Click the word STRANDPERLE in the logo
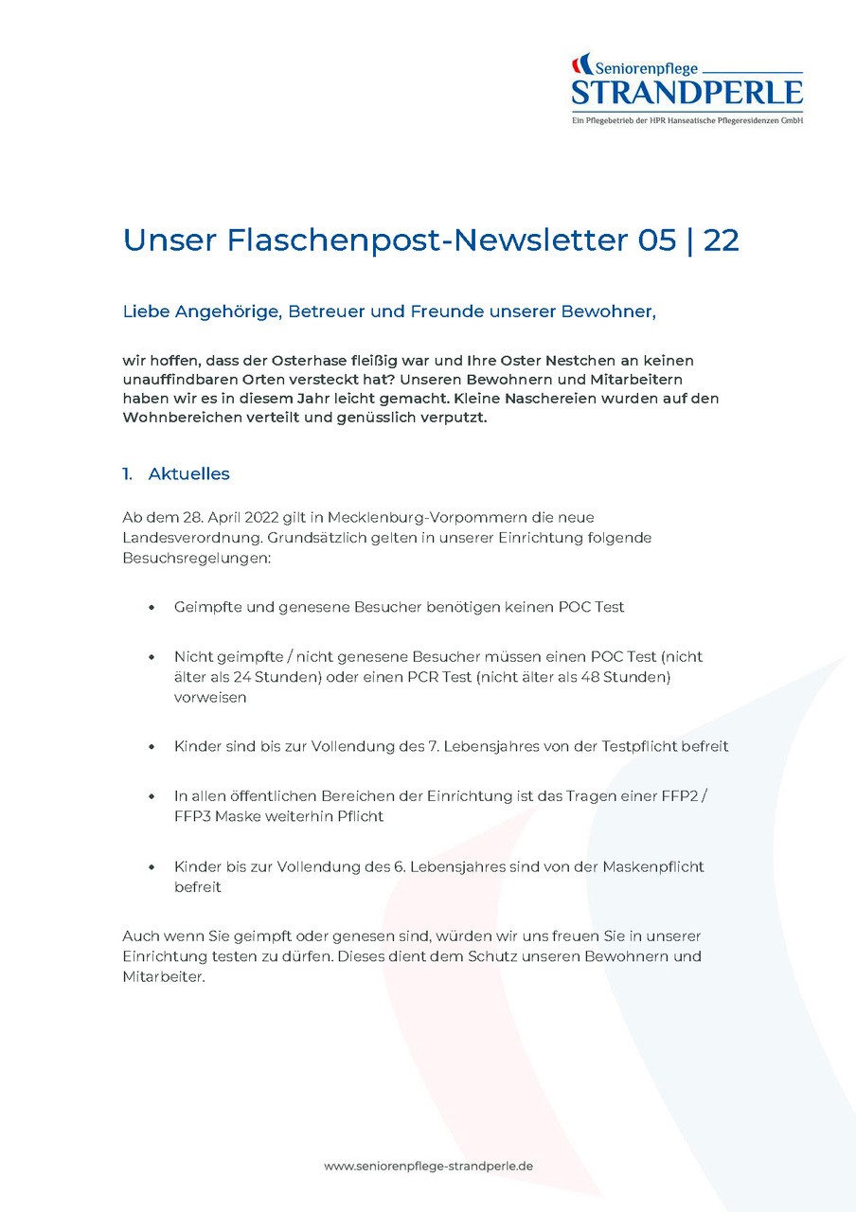[x=687, y=93]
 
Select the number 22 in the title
[x=722, y=241]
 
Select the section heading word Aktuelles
[x=189, y=473]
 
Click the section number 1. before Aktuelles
[x=127, y=473]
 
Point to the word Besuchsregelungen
[x=196, y=559]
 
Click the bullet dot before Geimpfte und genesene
[x=152, y=607]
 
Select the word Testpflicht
[x=648, y=746]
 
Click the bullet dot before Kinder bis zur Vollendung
[x=152, y=867]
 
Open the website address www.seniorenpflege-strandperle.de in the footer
[x=428, y=1167]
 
